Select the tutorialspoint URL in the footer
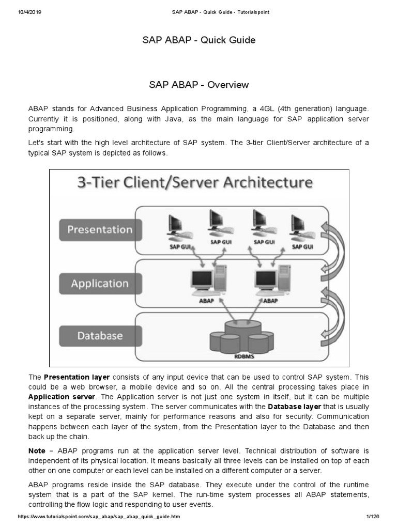pos(99,517)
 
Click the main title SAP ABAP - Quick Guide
pos(198,40)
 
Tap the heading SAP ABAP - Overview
pos(198,85)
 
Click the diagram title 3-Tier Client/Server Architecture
pos(194,183)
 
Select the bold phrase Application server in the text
pos(62,396)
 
